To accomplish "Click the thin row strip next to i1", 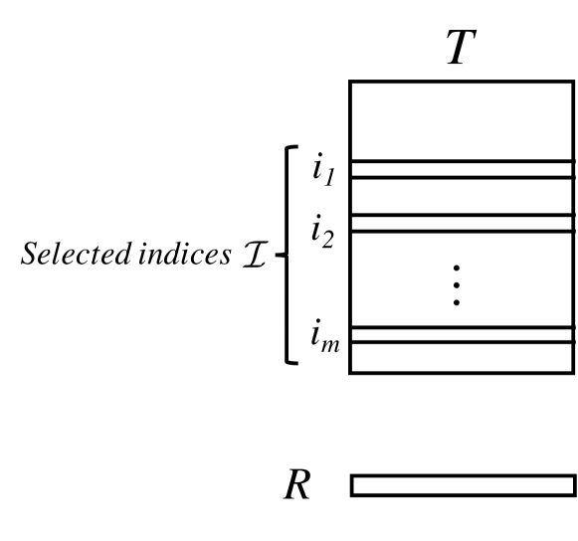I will (x=463, y=169).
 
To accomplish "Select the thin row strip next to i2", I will (x=463, y=223).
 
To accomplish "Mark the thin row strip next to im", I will (x=463, y=335).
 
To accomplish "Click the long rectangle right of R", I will (x=463, y=485).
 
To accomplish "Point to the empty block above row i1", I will (x=463, y=120).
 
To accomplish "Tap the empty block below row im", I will (x=463, y=357).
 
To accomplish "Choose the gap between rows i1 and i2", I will (x=463, y=196).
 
